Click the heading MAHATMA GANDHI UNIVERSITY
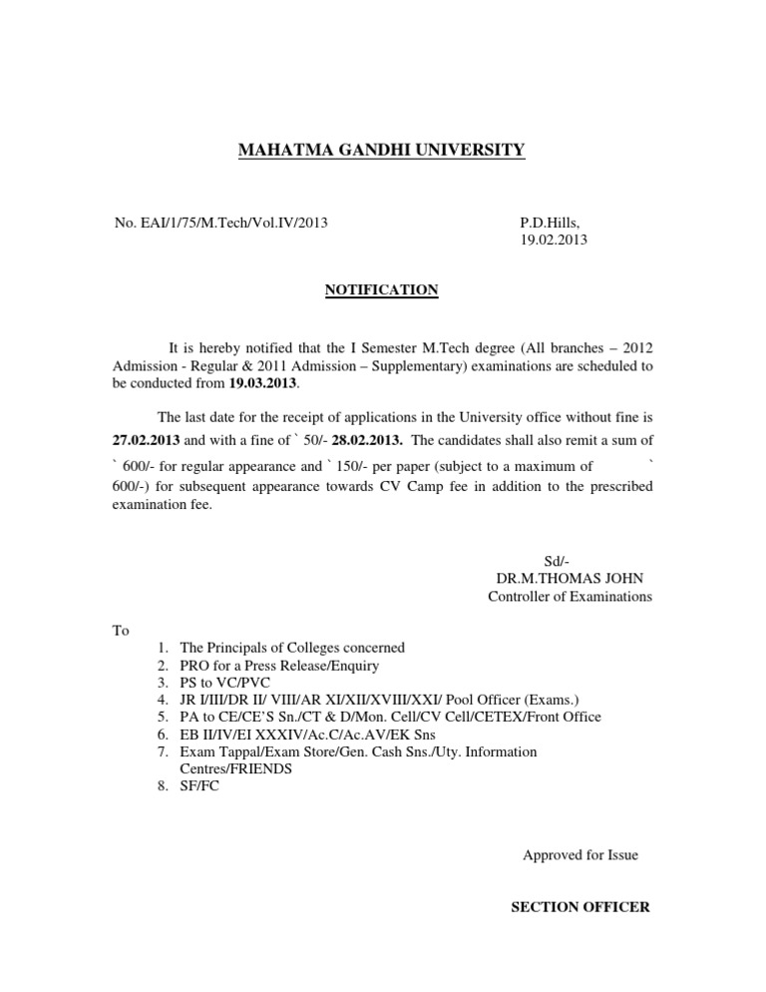tap(381, 151)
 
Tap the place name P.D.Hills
tap(549, 222)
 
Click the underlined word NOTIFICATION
tap(381, 289)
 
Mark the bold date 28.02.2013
tap(367, 439)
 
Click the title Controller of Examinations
tap(570, 597)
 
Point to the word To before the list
tap(121, 631)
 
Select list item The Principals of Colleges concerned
tap(291, 648)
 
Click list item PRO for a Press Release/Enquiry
tap(278, 666)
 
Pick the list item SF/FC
tap(199, 786)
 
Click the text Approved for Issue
tap(580, 855)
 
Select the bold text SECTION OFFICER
tap(580, 907)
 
